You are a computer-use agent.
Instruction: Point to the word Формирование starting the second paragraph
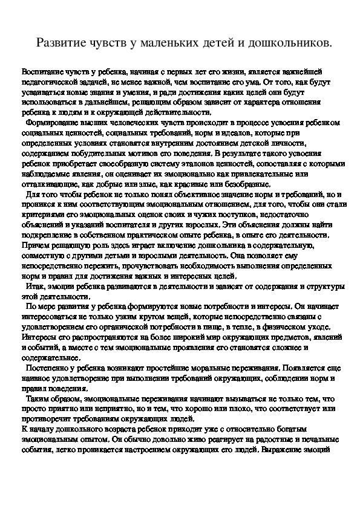[x=55, y=122]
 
